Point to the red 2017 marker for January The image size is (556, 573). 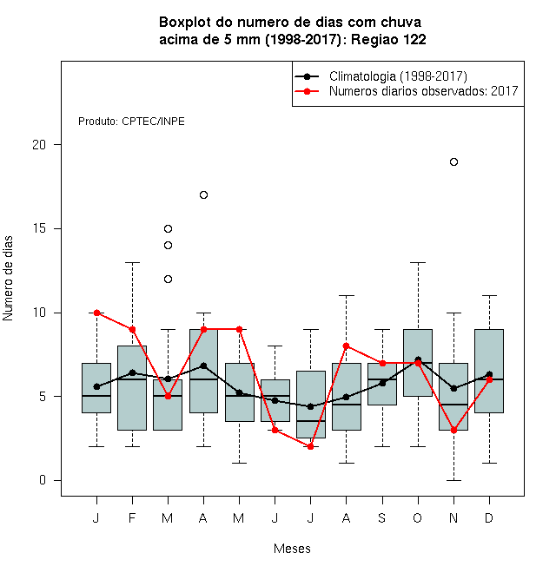(x=96, y=313)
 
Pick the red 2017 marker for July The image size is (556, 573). (x=310, y=446)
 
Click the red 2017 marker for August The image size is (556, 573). (x=346, y=346)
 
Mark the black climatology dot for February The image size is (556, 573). (x=132, y=372)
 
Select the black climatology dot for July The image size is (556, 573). (x=310, y=406)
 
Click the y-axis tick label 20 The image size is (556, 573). (x=39, y=145)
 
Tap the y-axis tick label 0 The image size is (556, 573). (x=43, y=480)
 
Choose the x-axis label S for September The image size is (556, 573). (x=382, y=517)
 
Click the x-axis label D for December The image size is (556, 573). (x=489, y=517)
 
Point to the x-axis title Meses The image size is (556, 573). (x=292, y=549)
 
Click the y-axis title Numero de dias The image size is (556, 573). (x=8, y=279)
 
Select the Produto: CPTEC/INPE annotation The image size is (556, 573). (x=131, y=122)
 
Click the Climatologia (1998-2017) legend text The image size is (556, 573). (x=398, y=76)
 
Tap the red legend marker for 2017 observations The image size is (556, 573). (x=307, y=91)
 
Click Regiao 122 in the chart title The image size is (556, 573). (x=389, y=39)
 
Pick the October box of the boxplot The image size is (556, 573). (x=418, y=363)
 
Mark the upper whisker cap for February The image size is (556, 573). (x=132, y=262)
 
